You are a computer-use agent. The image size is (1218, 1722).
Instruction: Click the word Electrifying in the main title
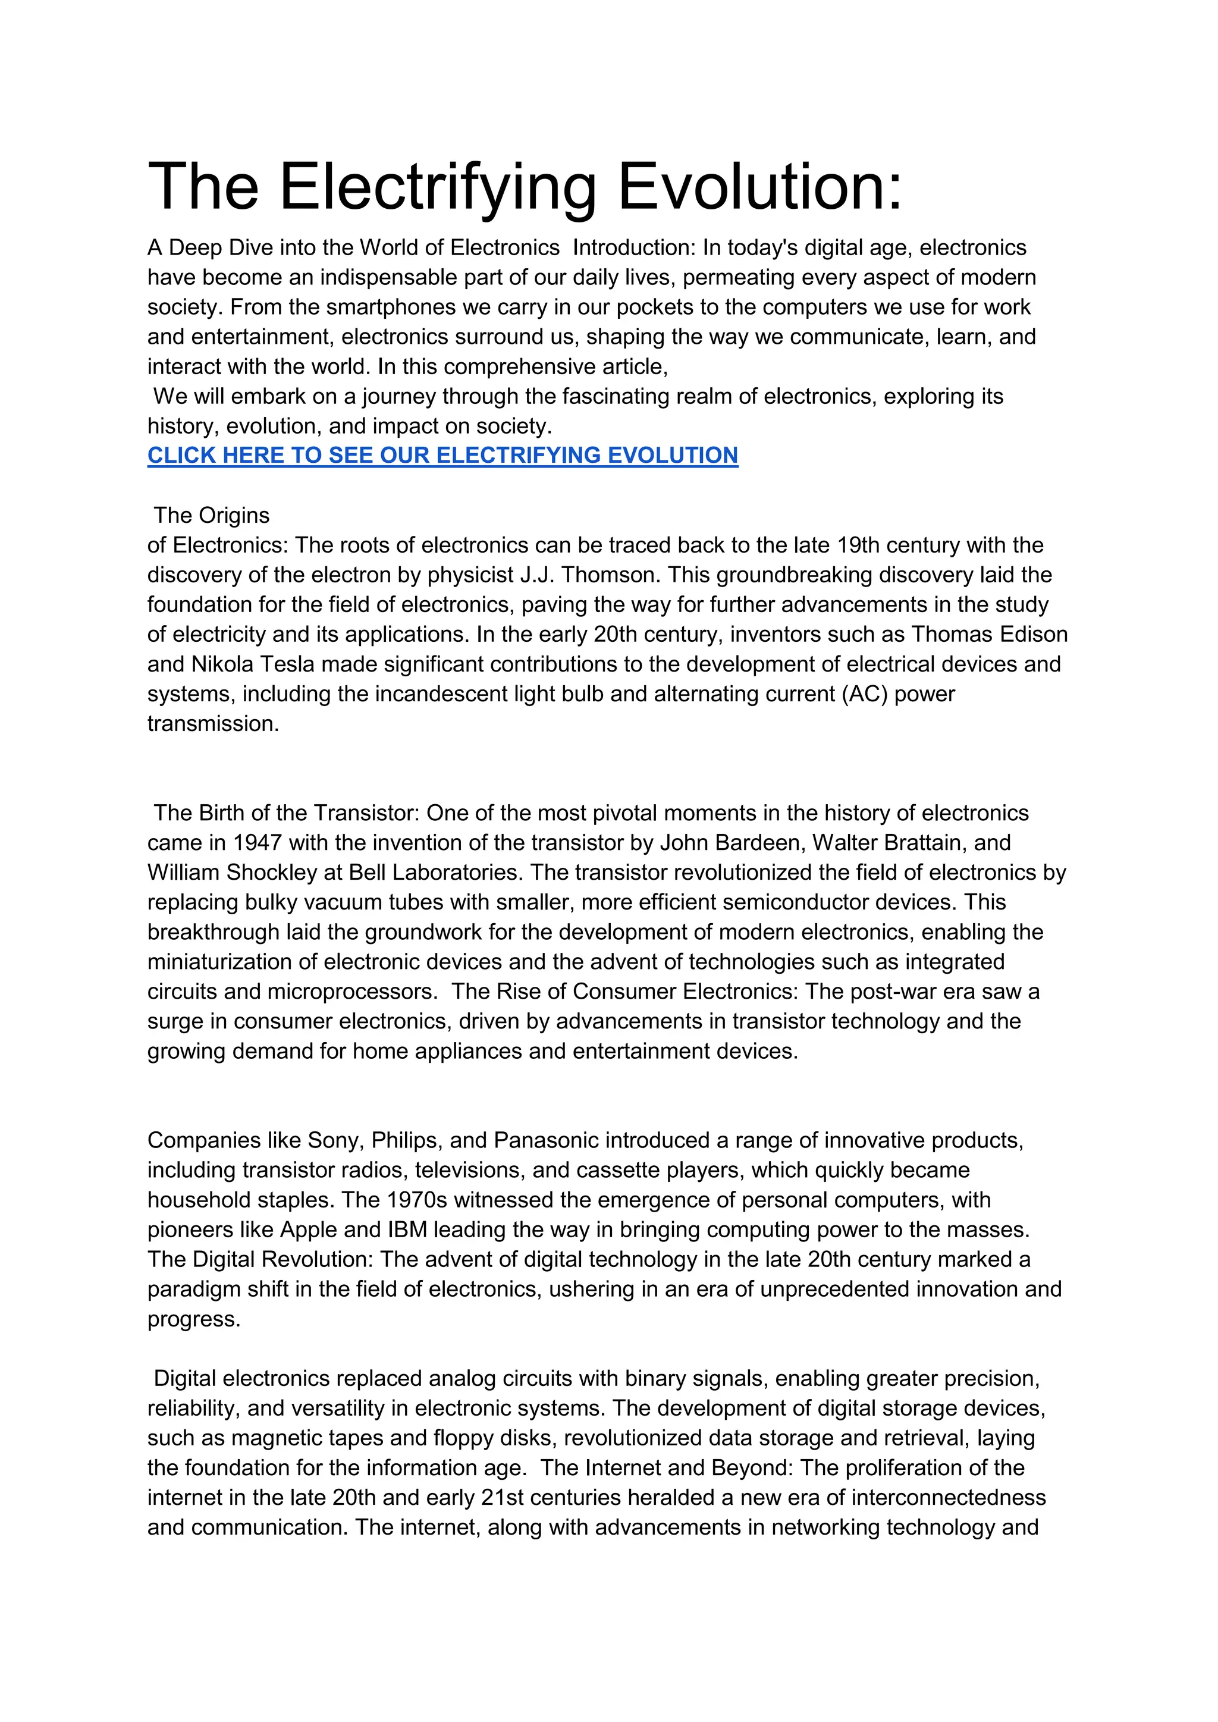click(438, 187)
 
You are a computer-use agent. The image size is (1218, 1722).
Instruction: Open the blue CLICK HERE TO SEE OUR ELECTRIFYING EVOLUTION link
click(442, 455)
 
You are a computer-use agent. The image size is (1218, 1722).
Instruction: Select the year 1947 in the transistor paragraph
click(256, 843)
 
